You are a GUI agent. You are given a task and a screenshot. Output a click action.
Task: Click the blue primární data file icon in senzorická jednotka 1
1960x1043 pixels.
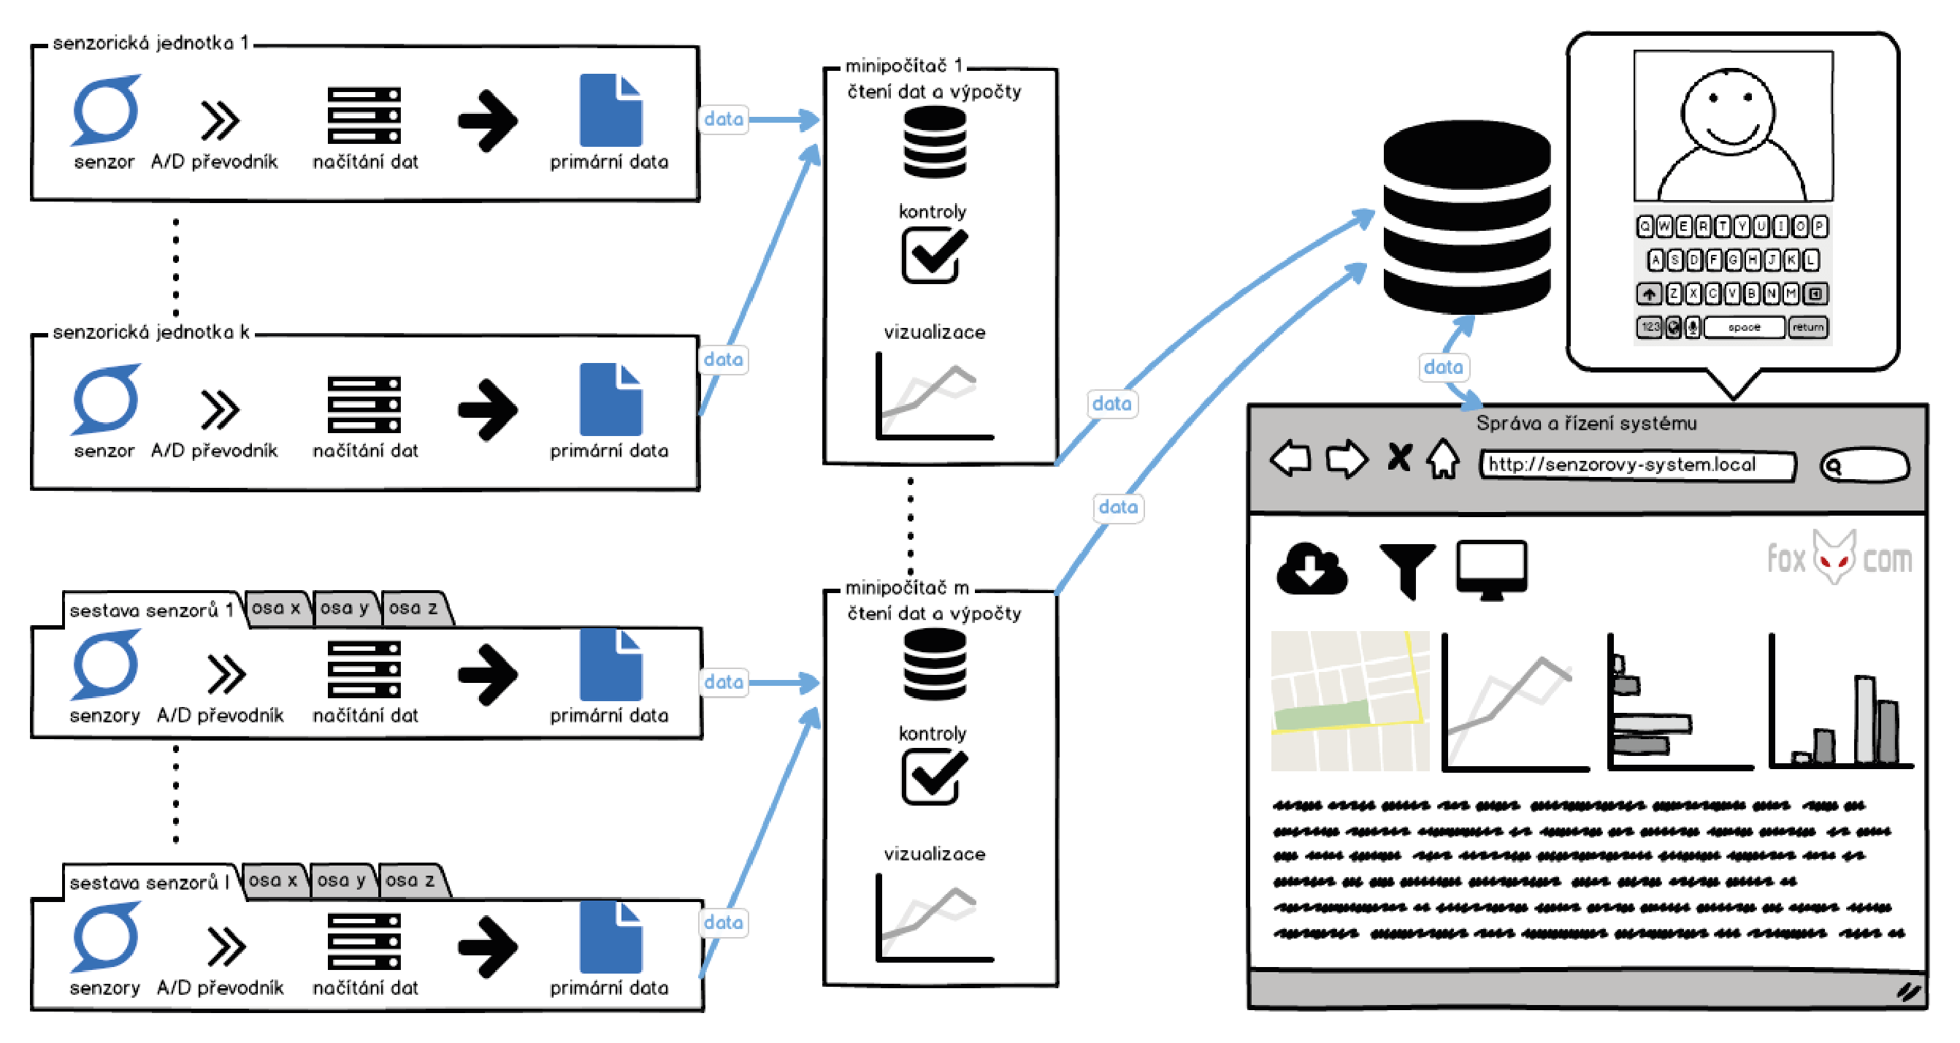pyautogui.click(x=610, y=110)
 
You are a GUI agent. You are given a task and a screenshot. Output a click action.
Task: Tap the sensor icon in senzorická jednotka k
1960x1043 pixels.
pyautogui.click(x=106, y=399)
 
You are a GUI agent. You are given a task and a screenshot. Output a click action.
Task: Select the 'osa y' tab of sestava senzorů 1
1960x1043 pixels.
pyautogui.click(x=345, y=608)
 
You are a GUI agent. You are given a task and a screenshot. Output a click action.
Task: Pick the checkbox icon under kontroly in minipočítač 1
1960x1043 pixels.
pyautogui.click(x=933, y=256)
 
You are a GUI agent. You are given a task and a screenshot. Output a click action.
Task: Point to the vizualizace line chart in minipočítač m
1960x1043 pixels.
pyautogui.click(x=934, y=918)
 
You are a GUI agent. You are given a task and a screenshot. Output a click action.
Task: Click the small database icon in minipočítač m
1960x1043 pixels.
pyautogui.click(x=934, y=664)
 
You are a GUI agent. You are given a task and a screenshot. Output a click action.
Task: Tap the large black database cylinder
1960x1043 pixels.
pyautogui.click(x=1466, y=217)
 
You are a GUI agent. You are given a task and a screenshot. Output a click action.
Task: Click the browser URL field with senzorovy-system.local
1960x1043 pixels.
pyautogui.click(x=1636, y=464)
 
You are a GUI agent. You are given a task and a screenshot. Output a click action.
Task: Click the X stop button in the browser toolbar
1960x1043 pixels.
pyautogui.click(x=1399, y=458)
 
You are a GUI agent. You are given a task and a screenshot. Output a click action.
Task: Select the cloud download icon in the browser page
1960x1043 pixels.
pyautogui.click(x=1311, y=569)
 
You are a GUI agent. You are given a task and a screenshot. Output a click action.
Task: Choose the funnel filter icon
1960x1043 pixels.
pyautogui.click(x=1407, y=569)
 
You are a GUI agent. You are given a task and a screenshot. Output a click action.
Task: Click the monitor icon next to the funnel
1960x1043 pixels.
pyautogui.click(x=1490, y=569)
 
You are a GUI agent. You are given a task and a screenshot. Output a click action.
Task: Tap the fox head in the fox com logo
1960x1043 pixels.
pyautogui.click(x=1834, y=557)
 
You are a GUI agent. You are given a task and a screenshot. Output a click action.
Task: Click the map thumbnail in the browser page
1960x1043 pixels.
pyautogui.click(x=1349, y=700)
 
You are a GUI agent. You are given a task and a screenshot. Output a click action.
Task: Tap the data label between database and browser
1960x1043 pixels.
pyautogui.click(x=1442, y=367)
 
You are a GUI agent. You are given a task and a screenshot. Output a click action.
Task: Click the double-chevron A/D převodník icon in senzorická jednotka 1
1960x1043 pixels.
pyautogui.click(x=220, y=121)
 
